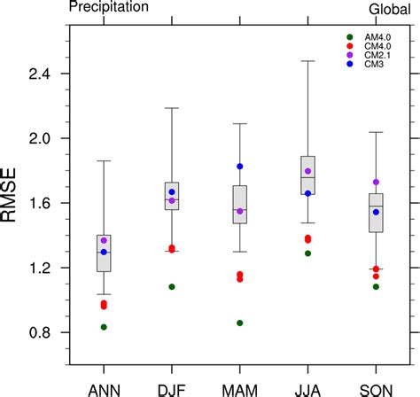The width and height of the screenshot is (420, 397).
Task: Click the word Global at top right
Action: [389, 8]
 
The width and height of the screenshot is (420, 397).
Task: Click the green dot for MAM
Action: [239, 323]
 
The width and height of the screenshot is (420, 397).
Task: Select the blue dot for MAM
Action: [239, 167]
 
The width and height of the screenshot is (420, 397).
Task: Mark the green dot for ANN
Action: [104, 327]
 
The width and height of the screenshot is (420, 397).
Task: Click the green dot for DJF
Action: [172, 287]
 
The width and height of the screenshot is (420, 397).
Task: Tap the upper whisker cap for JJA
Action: [307, 61]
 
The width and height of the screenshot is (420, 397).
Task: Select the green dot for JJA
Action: [307, 253]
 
